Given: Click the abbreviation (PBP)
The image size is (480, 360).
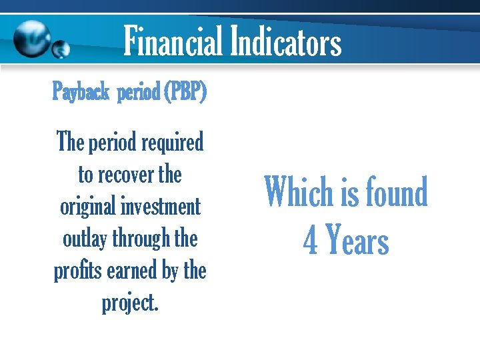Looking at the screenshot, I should (183, 93).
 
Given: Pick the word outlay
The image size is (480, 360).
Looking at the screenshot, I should (83, 239).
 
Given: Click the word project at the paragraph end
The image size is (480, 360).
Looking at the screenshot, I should (128, 303).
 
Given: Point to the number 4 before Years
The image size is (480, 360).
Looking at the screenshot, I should (310, 241).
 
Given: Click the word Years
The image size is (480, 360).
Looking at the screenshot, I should (357, 241).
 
